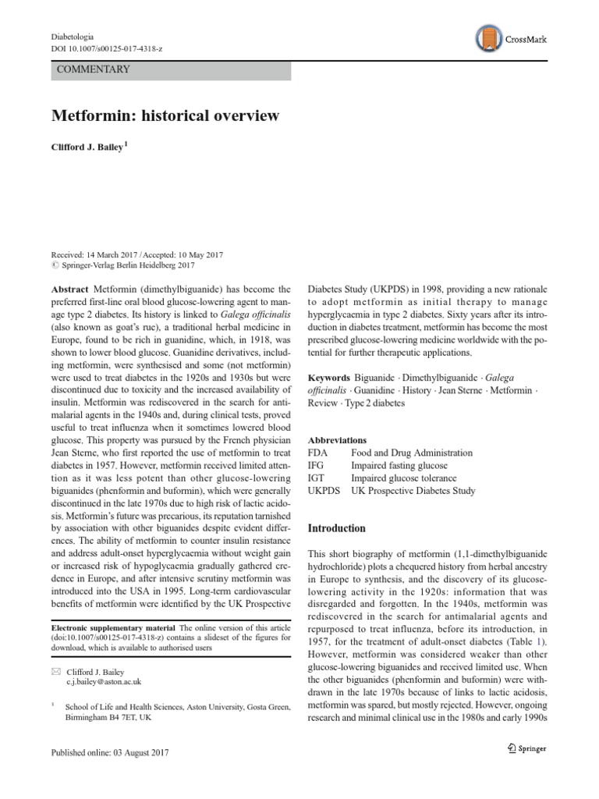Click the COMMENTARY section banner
[170, 69]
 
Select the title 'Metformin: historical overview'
[165, 116]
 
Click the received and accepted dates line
[137, 254]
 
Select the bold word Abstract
[70, 288]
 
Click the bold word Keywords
[329, 377]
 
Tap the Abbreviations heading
[337, 440]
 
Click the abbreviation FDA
[318, 453]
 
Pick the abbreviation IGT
[317, 478]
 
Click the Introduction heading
[337, 528]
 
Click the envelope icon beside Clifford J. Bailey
[55, 671]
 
